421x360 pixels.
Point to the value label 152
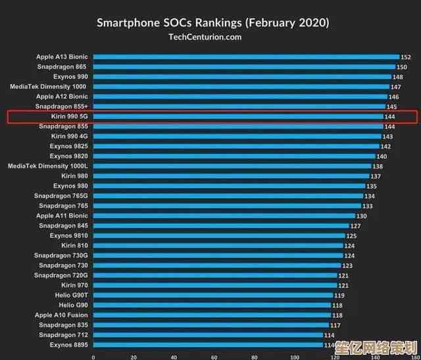pyautogui.click(x=406, y=57)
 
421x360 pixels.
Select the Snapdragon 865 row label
pyautogui.click(x=62, y=67)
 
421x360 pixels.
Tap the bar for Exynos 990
pyautogui.click(x=242, y=77)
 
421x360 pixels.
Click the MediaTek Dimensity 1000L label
pyautogui.click(x=47, y=167)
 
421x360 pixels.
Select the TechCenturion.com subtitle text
pyautogui.click(x=205, y=37)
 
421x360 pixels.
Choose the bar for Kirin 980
pyautogui.click(x=230, y=176)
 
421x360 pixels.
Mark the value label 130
pyautogui.click(x=361, y=216)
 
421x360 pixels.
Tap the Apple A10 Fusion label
pyautogui.click(x=61, y=315)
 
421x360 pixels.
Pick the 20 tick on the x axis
pyautogui.click(x=134, y=357)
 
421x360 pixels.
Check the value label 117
pyautogui.click(x=335, y=325)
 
